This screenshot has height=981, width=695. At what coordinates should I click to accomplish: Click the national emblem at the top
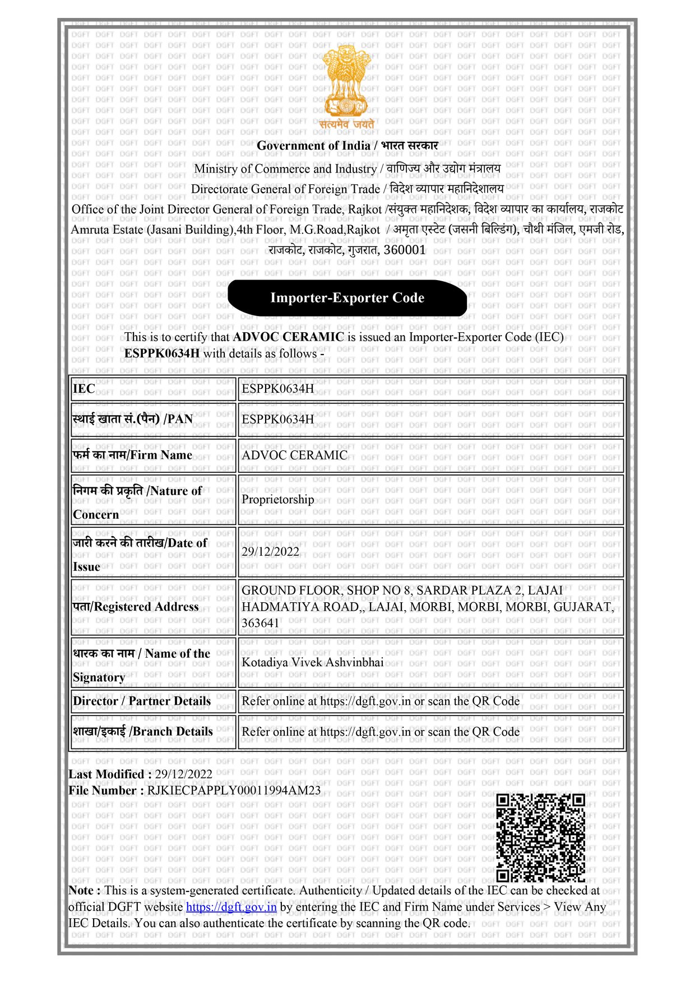(x=347, y=84)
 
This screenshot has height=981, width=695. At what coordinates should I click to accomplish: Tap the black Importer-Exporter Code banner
(x=347, y=297)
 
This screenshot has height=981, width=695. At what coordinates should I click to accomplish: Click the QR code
(x=540, y=838)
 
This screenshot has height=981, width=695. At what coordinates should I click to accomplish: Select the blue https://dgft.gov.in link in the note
(x=231, y=907)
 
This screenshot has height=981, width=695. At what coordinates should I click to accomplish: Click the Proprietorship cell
(x=277, y=499)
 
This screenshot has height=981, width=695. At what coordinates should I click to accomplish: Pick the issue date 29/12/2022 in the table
(x=270, y=551)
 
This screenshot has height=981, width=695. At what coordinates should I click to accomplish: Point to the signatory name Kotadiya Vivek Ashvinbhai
(x=312, y=662)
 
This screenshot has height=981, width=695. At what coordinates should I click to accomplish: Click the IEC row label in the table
(x=84, y=389)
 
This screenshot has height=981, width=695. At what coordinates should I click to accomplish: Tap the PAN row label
(x=133, y=419)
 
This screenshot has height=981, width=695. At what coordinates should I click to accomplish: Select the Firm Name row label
(x=133, y=455)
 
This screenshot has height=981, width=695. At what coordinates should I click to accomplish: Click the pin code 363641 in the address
(x=260, y=623)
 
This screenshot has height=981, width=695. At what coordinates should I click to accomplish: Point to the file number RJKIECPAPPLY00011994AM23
(x=234, y=791)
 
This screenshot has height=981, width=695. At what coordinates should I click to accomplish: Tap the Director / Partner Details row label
(x=142, y=701)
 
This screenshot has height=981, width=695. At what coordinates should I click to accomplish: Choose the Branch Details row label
(x=143, y=732)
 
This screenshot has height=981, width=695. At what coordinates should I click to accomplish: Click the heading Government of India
(x=313, y=146)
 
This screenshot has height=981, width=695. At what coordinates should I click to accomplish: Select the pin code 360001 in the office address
(x=405, y=250)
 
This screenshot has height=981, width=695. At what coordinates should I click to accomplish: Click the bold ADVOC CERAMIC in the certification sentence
(x=288, y=337)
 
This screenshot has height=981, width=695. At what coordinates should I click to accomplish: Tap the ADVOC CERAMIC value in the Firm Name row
(x=294, y=455)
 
